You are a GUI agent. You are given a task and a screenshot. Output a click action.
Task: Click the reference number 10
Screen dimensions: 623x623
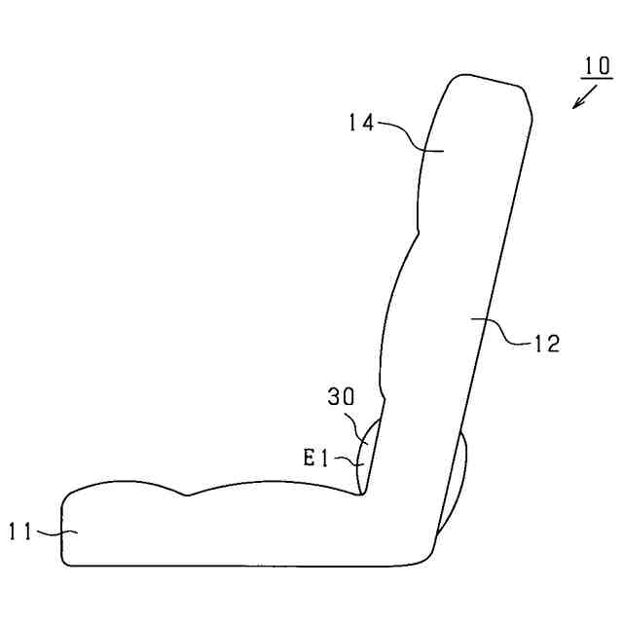[x=597, y=65]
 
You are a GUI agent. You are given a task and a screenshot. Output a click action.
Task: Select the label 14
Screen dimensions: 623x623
[x=361, y=123]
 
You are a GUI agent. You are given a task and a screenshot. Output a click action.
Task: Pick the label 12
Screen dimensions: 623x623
[x=547, y=343]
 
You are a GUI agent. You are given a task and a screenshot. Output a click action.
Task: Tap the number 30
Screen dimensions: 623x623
[x=341, y=396]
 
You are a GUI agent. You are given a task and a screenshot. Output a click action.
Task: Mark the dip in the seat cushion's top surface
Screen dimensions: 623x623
[x=187, y=495]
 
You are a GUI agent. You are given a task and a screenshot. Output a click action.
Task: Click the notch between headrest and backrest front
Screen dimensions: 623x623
[x=418, y=233]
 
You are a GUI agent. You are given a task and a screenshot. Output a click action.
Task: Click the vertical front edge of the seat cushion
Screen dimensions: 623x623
[x=62, y=531]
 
